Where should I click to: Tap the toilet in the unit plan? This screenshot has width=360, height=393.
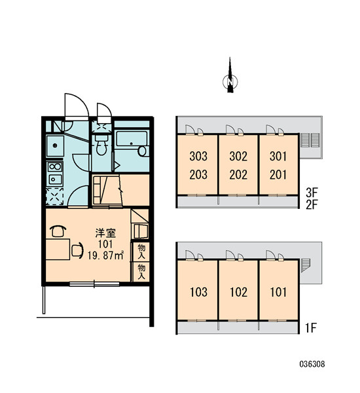click(x=101, y=145)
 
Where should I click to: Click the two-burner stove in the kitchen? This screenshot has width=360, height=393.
click(x=55, y=166)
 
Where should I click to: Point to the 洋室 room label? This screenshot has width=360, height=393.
click(x=105, y=233)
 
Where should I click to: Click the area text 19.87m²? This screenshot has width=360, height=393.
click(x=105, y=255)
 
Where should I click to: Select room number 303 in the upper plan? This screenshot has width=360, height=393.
click(x=198, y=157)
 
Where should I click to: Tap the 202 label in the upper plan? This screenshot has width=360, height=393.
click(x=238, y=175)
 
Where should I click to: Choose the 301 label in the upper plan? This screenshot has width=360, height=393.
click(x=278, y=157)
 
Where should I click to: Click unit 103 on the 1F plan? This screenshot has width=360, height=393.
click(x=198, y=292)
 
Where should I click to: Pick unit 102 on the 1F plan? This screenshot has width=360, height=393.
click(x=238, y=292)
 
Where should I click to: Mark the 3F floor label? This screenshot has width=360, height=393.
click(x=312, y=193)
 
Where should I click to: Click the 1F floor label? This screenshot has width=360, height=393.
click(x=311, y=328)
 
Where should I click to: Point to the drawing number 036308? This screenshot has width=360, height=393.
click(x=312, y=364)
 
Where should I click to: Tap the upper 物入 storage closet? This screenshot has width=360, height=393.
click(x=141, y=252)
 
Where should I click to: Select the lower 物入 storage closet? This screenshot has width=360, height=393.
click(x=141, y=272)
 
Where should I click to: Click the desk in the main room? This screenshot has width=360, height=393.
click(x=58, y=249)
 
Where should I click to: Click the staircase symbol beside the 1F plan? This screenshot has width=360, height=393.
click(x=306, y=265)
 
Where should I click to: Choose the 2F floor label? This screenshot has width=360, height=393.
click(x=312, y=205)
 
